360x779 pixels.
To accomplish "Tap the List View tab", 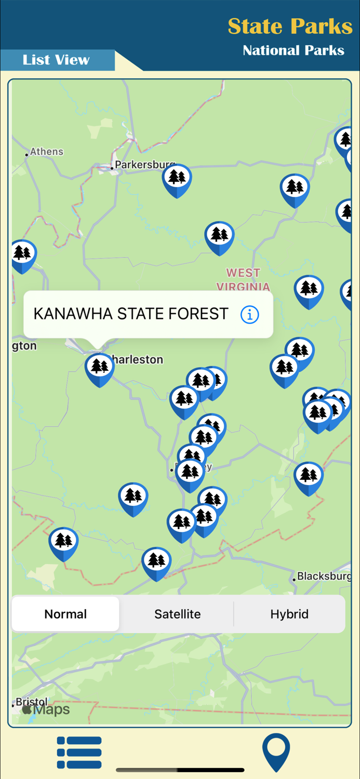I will [x=56, y=60].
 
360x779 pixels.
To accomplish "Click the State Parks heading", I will [x=290, y=26].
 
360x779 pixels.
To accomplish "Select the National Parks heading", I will [x=294, y=50].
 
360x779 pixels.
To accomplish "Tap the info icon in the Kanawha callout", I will [x=250, y=315].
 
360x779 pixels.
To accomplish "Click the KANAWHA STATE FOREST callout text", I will [x=131, y=314].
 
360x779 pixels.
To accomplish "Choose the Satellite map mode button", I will [x=177, y=614].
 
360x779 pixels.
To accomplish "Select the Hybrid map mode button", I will [x=289, y=614].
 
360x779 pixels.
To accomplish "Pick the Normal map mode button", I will [x=65, y=614].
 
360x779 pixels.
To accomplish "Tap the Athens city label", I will [x=46, y=152].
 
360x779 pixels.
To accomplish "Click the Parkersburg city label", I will [x=144, y=165].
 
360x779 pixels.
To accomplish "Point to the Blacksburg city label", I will [x=324, y=576].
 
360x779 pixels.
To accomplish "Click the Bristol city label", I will [x=32, y=702].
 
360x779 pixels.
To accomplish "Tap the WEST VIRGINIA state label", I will [x=243, y=279].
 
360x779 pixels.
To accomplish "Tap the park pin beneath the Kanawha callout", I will [x=99, y=368].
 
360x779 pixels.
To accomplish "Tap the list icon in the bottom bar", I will [x=79, y=752].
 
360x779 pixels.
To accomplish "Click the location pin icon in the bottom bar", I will [x=276, y=752].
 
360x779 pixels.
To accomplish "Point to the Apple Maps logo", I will [x=46, y=710].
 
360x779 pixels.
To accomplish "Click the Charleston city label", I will [x=138, y=359].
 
